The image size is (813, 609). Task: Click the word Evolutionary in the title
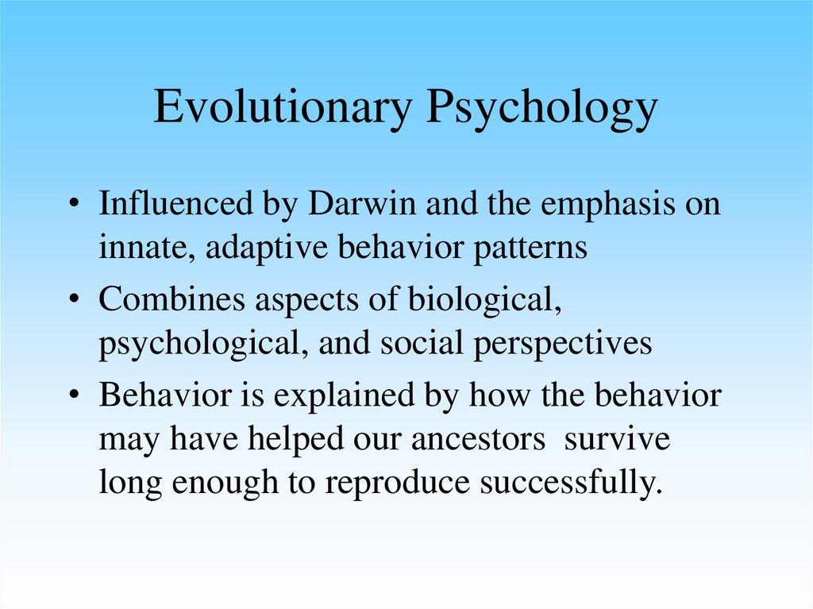click(283, 108)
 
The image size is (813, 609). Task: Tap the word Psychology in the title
click(541, 108)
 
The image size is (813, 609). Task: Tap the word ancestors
click(478, 439)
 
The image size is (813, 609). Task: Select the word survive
click(617, 439)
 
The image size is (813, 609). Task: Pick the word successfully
click(571, 483)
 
